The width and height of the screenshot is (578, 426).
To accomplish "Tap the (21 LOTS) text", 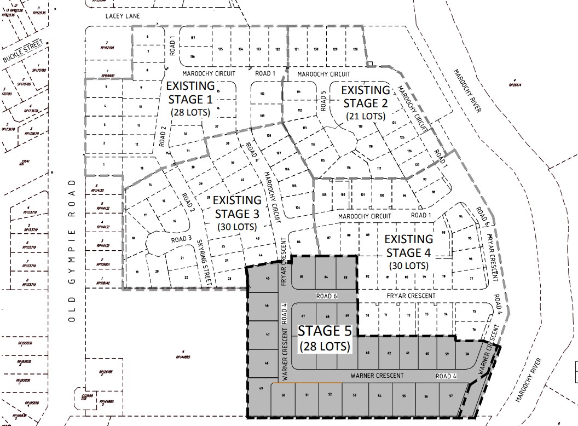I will [365, 117].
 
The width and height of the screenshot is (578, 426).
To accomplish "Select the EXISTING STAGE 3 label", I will [238, 206].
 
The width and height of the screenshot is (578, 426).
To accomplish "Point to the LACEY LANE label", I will [123, 16].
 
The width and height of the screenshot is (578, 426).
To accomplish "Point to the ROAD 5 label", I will [324, 100].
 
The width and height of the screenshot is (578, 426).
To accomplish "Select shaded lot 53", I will [355, 395].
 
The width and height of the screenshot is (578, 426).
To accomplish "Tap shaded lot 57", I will [450, 395].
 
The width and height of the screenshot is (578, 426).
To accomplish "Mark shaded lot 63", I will [368, 353].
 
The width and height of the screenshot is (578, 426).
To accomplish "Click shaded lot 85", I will [302, 277].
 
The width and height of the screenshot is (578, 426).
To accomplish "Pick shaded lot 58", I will [467, 355].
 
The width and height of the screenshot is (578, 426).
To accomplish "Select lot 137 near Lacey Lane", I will [193, 38].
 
